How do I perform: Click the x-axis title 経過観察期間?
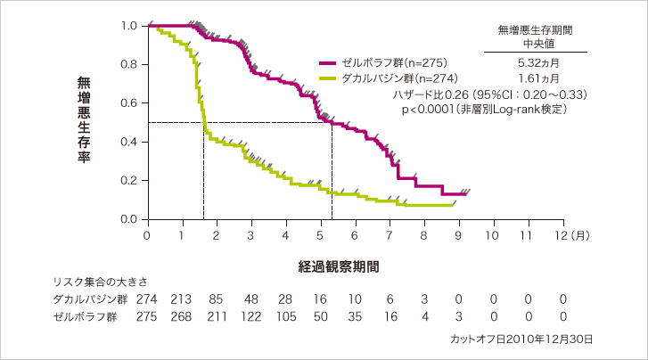point(338,266)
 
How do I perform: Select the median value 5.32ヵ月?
point(536,62)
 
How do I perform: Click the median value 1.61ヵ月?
point(536,78)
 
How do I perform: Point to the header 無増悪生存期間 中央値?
point(536,37)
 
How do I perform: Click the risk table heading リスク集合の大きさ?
point(99,281)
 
